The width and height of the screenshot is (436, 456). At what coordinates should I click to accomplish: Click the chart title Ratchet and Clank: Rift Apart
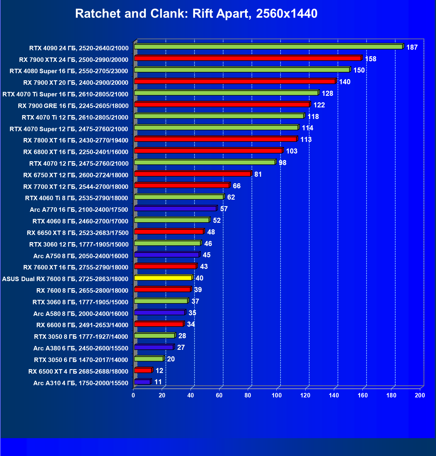(196, 14)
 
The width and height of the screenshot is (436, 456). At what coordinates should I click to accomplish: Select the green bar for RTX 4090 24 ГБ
(268, 47)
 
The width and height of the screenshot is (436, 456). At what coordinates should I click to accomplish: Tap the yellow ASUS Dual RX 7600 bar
(163, 278)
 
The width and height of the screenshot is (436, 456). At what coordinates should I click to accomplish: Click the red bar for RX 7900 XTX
(247, 58)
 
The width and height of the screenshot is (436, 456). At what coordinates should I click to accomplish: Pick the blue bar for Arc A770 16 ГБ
(175, 209)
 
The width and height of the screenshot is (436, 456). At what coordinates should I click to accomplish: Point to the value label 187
(412, 47)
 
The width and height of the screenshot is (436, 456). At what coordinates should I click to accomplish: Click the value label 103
(292, 151)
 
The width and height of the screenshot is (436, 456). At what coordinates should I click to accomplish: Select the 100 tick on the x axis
(276, 395)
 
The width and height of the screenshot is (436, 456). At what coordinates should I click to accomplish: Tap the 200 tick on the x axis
(420, 395)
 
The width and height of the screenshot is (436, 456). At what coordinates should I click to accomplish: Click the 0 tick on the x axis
(133, 395)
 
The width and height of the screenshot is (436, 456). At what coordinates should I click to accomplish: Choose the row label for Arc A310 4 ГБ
(81, 383)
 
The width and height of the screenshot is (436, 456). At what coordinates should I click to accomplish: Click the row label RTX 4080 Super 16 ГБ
(69, 71)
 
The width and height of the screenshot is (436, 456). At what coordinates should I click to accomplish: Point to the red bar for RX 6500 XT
(143, 370)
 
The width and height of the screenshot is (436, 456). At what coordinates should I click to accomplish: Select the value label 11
(158, 382)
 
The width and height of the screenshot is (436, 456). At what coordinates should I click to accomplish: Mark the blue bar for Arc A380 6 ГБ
(154, 347)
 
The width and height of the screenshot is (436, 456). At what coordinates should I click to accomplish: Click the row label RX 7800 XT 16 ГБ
(76, 140)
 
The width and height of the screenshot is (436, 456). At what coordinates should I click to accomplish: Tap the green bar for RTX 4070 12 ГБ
(205, 162)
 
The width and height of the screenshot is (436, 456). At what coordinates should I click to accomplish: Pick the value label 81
(258, 174)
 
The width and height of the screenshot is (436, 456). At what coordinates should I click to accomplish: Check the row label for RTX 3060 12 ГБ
(79, 245)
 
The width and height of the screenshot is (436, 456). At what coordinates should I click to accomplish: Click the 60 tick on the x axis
(219, 395)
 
